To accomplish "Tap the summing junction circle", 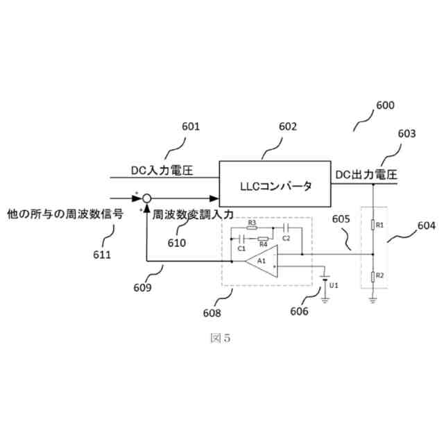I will pyautogui.click(x=146, y=198).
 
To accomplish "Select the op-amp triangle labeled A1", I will pyautogui.click(x=262, y=261).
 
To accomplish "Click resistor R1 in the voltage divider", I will pyautogui.click(x=373, y=225).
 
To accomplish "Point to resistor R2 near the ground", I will pyautogui.click(x=373, y=277).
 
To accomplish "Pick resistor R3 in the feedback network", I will pyautogui.click(x=253, y=226).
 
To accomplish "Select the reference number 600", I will pyautogui.click(x=384, y=105).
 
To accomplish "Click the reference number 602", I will pyautogui.click(x=287, y=126).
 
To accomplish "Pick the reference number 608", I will pyautogui.click(x=212, y=313).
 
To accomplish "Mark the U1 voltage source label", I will pyautogui.click(x=334, y=285).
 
